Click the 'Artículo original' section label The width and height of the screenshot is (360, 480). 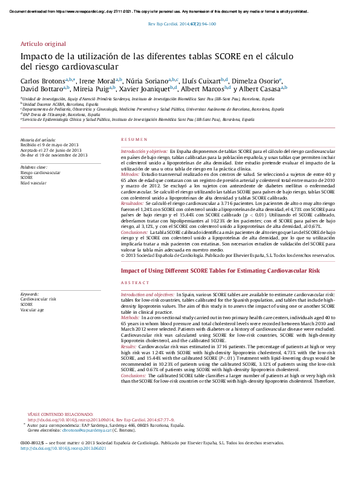pyautogui.click(x=43, y=45)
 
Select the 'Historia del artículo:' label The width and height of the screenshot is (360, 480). pyautogui.click(x=38, y=140)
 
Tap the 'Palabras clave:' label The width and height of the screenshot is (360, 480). pyautogui.click(x=34, y=166)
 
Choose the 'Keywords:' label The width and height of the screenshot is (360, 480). pyautogui.click(x=30, y=294)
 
